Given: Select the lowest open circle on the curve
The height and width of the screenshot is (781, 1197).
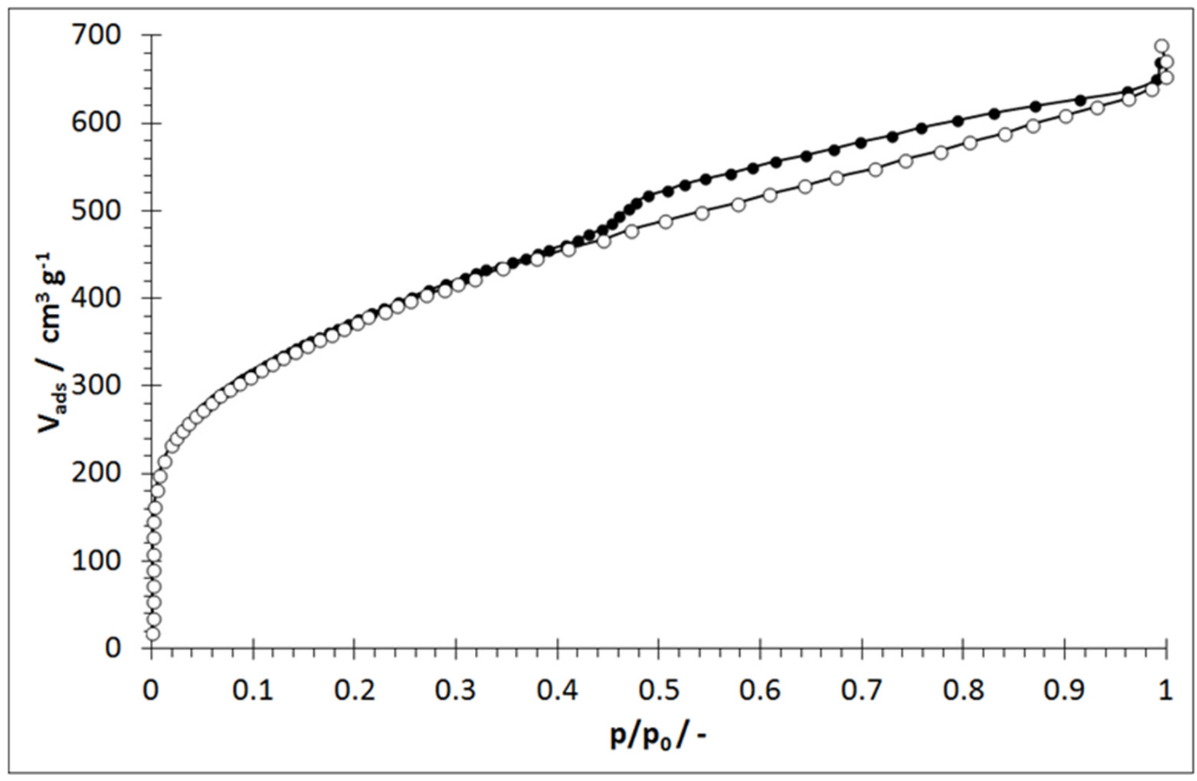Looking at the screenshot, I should coord(153,634).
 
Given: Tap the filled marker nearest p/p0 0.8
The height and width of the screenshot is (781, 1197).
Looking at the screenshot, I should coord(958,121).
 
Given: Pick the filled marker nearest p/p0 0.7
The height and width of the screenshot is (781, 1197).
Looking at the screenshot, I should coord(861,143).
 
